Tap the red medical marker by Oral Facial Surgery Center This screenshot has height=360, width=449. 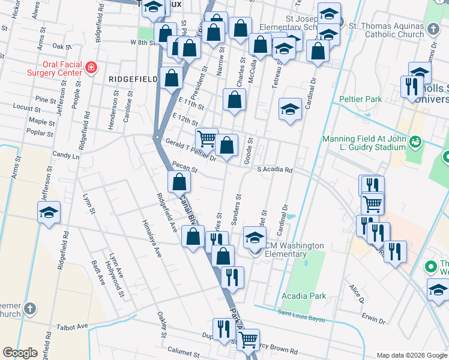[x=91, y=68]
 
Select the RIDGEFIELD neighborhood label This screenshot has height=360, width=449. [x=131, y=79]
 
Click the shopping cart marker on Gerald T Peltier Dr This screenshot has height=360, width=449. [x=206, y=138]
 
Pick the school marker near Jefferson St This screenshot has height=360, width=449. [x=49, y=212]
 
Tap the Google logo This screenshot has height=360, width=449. [x=20, y=353]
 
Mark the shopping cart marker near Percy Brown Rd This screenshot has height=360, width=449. [x=248, y=339]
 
